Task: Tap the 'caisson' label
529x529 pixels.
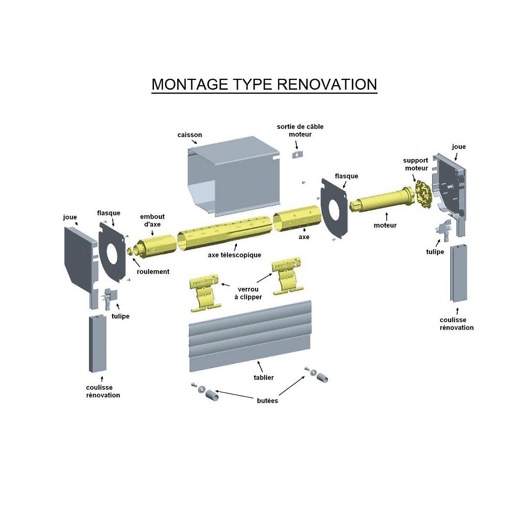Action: pos(189,135)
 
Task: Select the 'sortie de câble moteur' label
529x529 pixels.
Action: pos(300,130)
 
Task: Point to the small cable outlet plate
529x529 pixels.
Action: pos(298,154)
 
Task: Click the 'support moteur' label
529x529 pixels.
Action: pos(415,164)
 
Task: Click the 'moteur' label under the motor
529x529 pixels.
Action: pos(385,225)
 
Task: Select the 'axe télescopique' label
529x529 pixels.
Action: pos(234,255)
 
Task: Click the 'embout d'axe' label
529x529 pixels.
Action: pos(152,220)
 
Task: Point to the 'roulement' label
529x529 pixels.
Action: pos(153,271)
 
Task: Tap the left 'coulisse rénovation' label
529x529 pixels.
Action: pos(103,391)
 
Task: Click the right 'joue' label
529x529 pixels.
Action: pos(459,147)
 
